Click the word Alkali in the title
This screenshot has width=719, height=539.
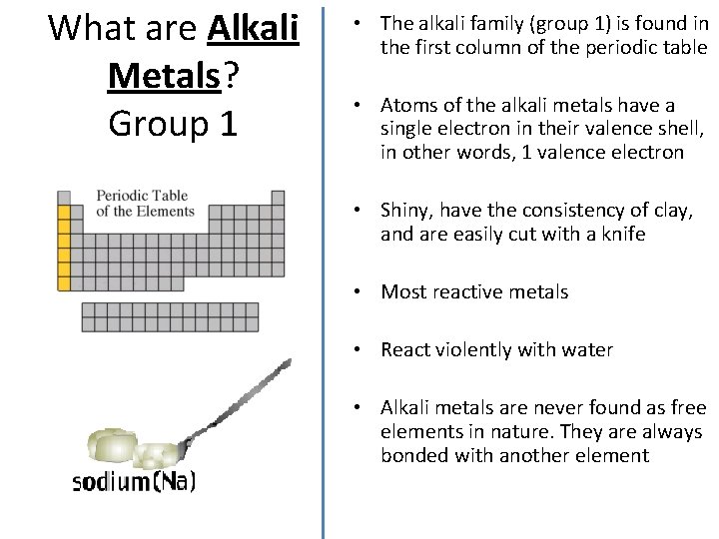pyautogui.click(x=254, y=28)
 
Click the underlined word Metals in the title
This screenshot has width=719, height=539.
pyautogui.click(x=163, y=75)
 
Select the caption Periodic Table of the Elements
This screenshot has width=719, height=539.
pyautogui.click(x=145, y=203)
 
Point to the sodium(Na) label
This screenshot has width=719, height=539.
pyautogui.click(x=135, y=482)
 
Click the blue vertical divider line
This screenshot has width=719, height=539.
pyautogui.click(x=323, y=269)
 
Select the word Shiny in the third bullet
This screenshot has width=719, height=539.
pyautogui.click(x=405, y=210)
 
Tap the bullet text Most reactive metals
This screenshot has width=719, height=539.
pyautogui.click(x=474, y=292)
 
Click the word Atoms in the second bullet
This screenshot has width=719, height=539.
pyautogui.click(x=407, y=106)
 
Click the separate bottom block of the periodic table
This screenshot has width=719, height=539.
pyautogui.click(x=169, y=316)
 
